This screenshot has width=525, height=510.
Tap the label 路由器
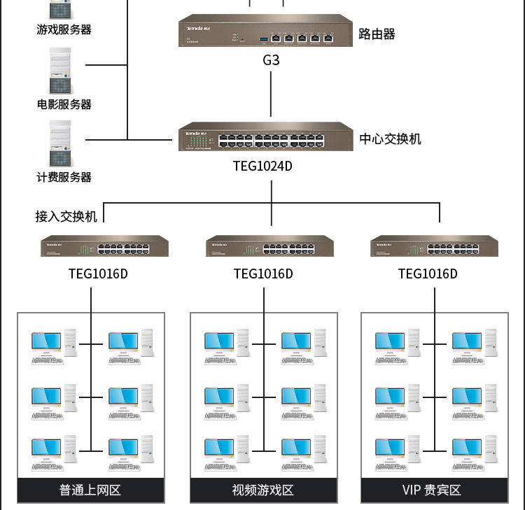tap(377, 34)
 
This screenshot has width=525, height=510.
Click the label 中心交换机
tap(391, 139)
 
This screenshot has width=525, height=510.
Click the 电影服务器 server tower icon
tap(60, 71)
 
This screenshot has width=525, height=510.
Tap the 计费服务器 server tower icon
tap(60, 143)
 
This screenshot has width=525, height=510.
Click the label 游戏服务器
tap(64, 29)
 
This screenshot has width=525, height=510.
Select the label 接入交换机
tap(66, 216)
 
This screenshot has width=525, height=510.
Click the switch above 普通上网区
tap(104, 246)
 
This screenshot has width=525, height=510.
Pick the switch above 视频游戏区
tap(269, 246)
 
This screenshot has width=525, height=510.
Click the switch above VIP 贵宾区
tap(434, 246)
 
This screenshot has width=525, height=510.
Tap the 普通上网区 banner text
tap(90, 490)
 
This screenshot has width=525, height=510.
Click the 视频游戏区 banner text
tap(263, 490)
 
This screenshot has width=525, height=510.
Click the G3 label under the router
tap(271, 60)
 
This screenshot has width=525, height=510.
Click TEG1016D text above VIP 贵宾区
tap(428, 274)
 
